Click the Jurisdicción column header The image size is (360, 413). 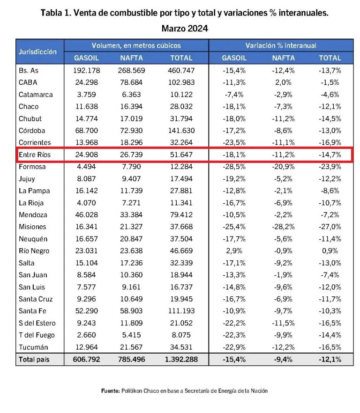pos(38,52)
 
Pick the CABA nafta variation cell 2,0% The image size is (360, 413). pos(284,82)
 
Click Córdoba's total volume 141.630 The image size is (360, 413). pos(181,131)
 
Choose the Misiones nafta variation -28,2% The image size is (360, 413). pos(284,227)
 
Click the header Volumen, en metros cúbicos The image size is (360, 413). pos(136,45)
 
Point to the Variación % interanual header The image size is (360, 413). pos(281,45)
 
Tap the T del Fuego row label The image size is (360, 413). pos(37,335)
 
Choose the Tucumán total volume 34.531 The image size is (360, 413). pos(181,347)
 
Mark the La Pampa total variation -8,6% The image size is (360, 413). pos(330,191)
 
